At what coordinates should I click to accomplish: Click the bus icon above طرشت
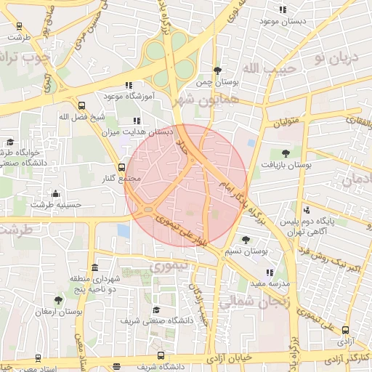19,25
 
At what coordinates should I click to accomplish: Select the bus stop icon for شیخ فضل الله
81,105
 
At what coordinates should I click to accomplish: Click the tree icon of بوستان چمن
217,70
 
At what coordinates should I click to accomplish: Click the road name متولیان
288,124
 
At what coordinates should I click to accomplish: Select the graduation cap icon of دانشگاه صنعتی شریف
153,309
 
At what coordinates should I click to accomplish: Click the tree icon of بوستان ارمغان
58,300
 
